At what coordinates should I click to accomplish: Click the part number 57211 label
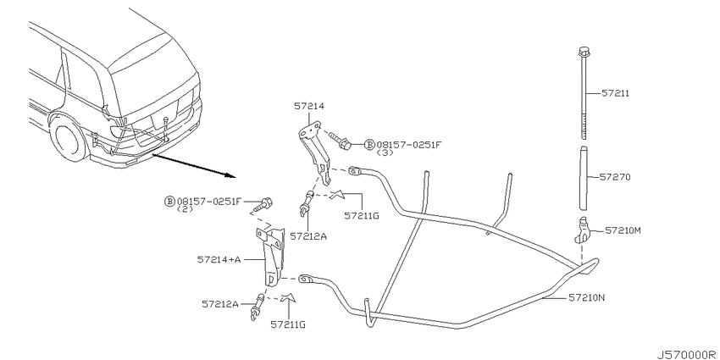pyautogui.click(x=615, y=94)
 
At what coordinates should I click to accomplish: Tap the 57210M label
pyautogui.click(x=623, y=230)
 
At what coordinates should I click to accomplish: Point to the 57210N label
pyautogui.click(x=587, y=297)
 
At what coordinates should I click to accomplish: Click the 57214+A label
pyautogui.click(x=219, y=259)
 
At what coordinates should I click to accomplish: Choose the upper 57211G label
pyautogui.click(x=362, y=215)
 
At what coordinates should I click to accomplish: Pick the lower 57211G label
pyautogui.click(x=288, y=324)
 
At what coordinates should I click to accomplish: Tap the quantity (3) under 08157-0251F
pyautogui.click(x=385, y=153)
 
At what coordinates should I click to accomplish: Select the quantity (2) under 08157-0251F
pyautogui.click(x=185, y=209)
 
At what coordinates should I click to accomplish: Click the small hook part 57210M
pyautogui.click(x=583, y=230)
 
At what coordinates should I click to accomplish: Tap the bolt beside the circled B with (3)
pyautogui.click(x=340, y=141)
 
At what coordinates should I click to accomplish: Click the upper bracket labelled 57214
pyautogui.click(x=315, y=151)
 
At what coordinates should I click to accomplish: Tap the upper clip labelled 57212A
pyautogui.click(x=307, y=203)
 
